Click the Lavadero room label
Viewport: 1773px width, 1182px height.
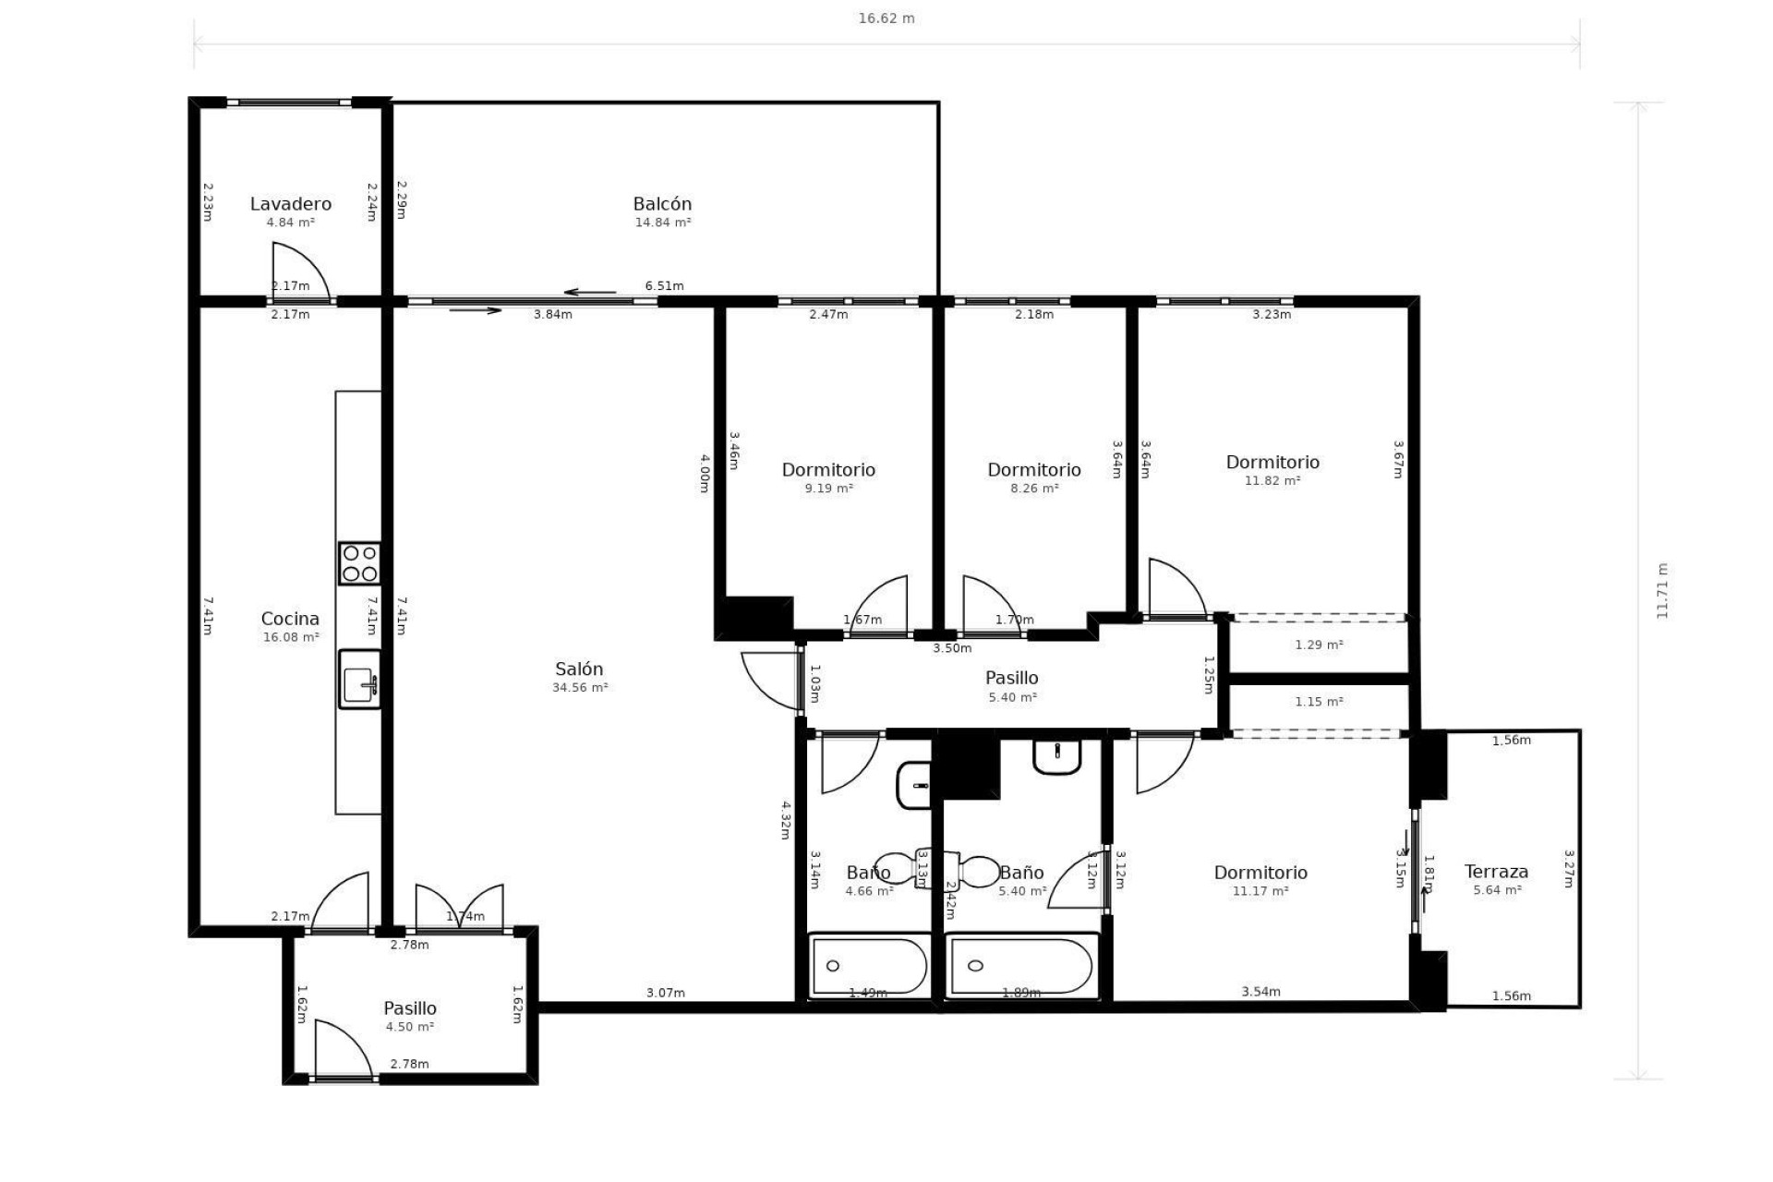tap(290, 204)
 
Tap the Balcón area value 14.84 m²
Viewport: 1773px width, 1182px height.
tap(662, 223)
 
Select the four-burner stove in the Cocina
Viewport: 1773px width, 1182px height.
tap(359, 563)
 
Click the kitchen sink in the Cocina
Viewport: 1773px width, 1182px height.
tap(359, 680)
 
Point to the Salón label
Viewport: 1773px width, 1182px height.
tap(579, 669)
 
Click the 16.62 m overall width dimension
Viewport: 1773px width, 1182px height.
tap(886, 18)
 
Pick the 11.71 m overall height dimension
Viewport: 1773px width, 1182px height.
tap(1661, 591)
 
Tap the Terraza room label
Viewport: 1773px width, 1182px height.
tap(1495, 872)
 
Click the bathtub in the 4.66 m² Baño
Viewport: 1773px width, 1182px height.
tap(868, 966)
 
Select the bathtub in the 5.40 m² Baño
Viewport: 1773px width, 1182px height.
tap(1021, 966)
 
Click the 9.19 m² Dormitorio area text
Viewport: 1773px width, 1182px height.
tap(828, 488)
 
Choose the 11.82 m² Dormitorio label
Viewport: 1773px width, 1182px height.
tap(1272, 463)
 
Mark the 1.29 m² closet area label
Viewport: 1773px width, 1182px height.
tap(1318, 645)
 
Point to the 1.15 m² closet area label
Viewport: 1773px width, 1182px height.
tap(1318, 702)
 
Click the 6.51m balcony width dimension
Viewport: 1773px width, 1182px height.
tap(664, 286)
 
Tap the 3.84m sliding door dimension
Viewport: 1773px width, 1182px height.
tap(552, 314)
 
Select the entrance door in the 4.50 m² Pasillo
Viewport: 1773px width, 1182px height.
tap(343, 1051)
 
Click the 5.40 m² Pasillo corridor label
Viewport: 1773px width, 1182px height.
tap(1011, 679)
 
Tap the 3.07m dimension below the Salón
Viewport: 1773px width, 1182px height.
tap(665, 993)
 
